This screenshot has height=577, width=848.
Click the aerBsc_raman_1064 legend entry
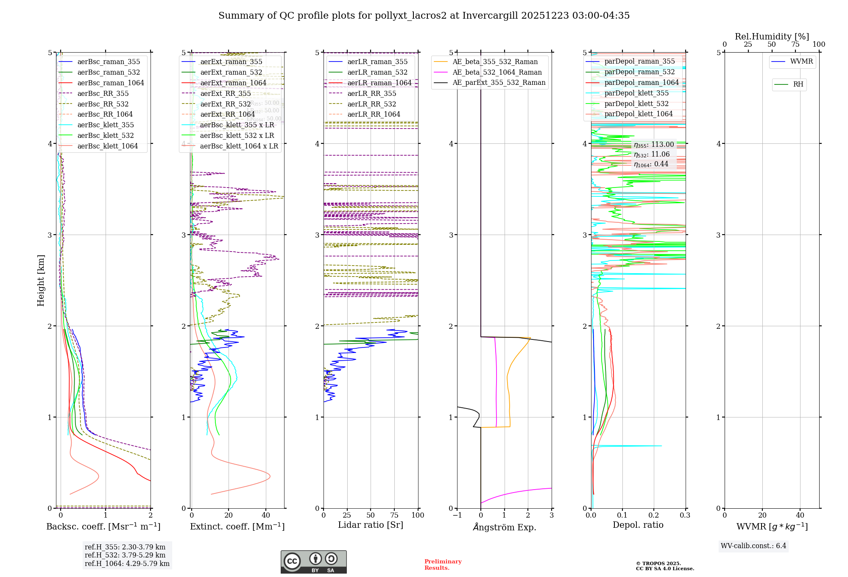pyautogui.click(x=110, y=83)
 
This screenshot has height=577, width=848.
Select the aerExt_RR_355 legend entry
pyautogui.click(x=225, y=93)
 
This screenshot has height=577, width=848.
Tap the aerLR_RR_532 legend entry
pyautogui.click(x=371, y=104)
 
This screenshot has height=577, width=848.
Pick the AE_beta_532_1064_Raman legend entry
pyautogui.click(x=497, y=72)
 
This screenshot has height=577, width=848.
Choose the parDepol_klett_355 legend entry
pyautogui.click(x=636, y=93)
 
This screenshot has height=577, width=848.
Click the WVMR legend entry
pyautogui.click(x=801, y=62)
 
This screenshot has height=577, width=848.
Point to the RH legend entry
pyautogui.click(x=798, y=84)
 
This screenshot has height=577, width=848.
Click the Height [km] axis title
pyautogui.click(x=41, y=280)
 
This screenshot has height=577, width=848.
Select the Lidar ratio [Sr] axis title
pyautogui.click(x=370, y=525)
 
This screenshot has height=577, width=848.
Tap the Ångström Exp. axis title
pyautogui.click(x=504, y=527)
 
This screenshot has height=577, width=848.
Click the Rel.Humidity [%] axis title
pyautogui.click(x=772, y=36)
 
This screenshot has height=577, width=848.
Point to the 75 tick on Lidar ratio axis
pyautogui.click(x=394, y=515)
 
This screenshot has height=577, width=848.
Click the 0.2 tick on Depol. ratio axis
pyautogui.click(x=654, y=515)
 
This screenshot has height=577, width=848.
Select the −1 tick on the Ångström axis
pyautogui.click(x=457, y=515)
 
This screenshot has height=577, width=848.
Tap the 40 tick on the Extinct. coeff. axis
pyautogui.click(x=266, y=515)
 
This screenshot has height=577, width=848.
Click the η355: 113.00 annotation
pyautogui.click(x=653, y=145)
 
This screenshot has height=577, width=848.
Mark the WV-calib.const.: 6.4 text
pyautogui.click(x=753, y=546)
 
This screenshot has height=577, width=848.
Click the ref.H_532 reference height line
pyautogui.click(x=125, y=555)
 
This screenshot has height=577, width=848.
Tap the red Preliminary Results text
pyautogui.click(x=443, y=564)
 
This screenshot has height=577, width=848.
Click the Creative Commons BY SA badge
pyautogui.click(x=313, y=562)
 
